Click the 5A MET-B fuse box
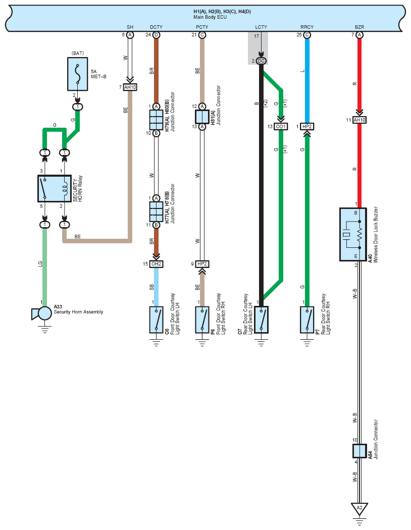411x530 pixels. (78, 74)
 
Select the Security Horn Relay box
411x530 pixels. (55, 189)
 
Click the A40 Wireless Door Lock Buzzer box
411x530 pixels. (353, 234)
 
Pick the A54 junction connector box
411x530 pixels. (359, 451)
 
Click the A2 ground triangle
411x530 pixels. (359, 508)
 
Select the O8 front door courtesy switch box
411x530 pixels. (156, 320)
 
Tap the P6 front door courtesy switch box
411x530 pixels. (202, 320)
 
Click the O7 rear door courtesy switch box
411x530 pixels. (261, 320)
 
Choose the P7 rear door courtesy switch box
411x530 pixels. (307, 320)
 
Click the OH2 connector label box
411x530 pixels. (156, 264)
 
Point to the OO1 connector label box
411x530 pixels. (281, 126)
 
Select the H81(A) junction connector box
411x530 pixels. (202, 117)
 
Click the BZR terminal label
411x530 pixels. (359, 27)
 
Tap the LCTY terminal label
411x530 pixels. (261, 27)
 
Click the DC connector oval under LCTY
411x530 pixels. (261, 61)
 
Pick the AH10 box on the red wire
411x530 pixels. (359, 120)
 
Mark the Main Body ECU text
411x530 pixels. (210, 17)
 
